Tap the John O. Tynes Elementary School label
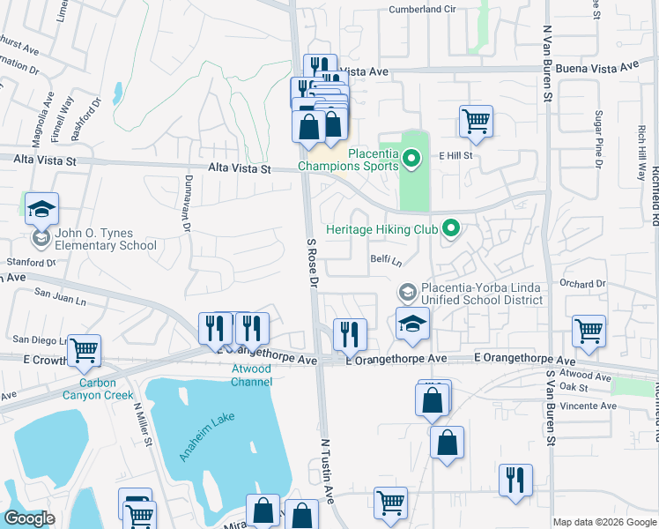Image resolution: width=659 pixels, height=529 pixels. (106, 240)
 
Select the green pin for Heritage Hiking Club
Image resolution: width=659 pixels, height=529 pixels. (452, 229)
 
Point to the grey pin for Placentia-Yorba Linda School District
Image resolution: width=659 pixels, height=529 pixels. (407, 292)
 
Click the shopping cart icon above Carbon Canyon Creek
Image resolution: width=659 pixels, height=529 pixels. (84, 351)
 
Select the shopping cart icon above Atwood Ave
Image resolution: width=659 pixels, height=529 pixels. (589, 332)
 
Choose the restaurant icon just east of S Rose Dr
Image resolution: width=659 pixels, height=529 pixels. (350, 334)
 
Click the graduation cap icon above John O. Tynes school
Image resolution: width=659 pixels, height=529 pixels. (41, 209)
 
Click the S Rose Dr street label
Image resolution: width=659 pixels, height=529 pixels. (312, 263)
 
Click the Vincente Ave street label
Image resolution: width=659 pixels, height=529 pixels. (589, 406)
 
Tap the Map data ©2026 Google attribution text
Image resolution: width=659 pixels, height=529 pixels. (604, 522)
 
